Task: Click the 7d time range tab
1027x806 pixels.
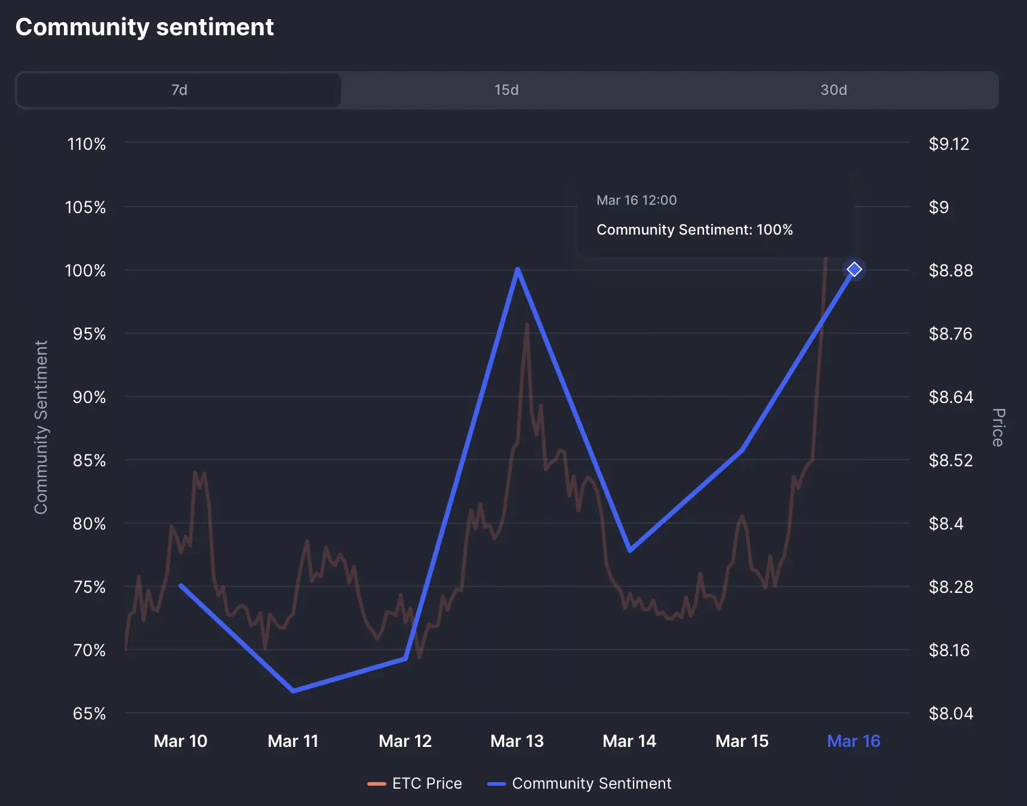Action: (179, 90)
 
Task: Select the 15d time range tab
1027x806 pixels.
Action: (506, 90)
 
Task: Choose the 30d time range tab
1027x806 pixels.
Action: (834, 90)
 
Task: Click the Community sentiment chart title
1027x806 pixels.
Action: (144, 27)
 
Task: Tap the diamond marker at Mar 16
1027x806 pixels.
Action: (854, 269)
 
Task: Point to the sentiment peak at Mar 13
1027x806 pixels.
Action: (518, 270)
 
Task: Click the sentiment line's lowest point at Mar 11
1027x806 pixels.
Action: (293, 691)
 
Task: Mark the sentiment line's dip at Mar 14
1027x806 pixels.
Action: (630, 550)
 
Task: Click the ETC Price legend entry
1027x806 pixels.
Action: (415, 783)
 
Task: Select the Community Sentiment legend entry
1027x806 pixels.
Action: (580, 783)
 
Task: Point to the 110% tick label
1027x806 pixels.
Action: (87, 144)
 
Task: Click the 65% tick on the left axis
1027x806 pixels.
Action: (89, 713)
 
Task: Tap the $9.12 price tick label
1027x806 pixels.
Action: (949, 144)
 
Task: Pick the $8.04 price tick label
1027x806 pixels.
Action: (951, 713)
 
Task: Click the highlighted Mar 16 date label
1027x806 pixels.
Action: (854, 741)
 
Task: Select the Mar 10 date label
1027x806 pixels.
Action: (180, 741)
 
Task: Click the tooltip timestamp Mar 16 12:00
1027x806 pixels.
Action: (637, 200)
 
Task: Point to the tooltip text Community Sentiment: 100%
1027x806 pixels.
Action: (694, 230)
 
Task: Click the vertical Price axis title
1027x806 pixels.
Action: (998, 427)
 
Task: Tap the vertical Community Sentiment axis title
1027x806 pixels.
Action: (41, 427)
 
